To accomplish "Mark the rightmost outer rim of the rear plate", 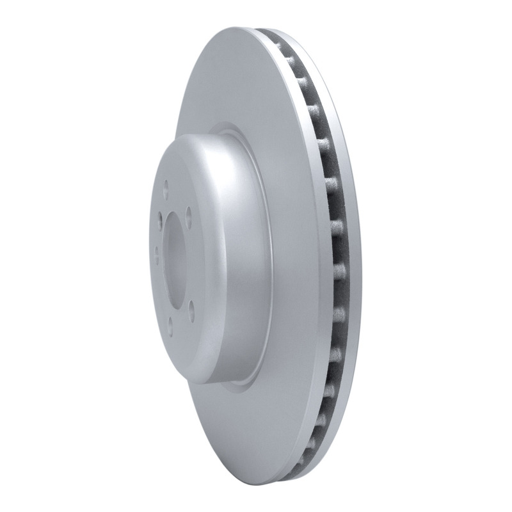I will pyautogui.click(x=359, y=256).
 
